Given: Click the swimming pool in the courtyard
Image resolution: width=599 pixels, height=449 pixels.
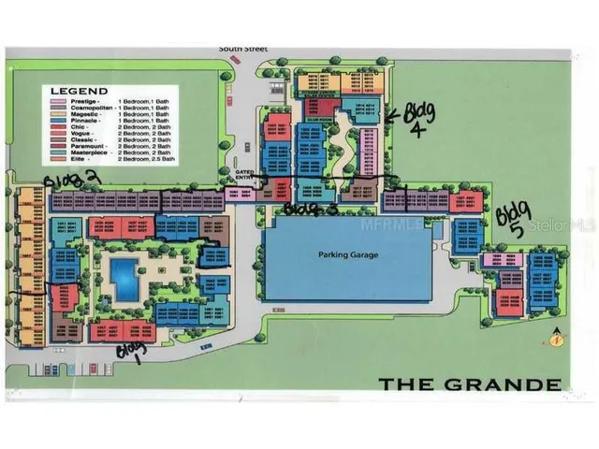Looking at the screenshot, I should (123, 275).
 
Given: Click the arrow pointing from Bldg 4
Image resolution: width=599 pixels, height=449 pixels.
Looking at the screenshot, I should (389, 115).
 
